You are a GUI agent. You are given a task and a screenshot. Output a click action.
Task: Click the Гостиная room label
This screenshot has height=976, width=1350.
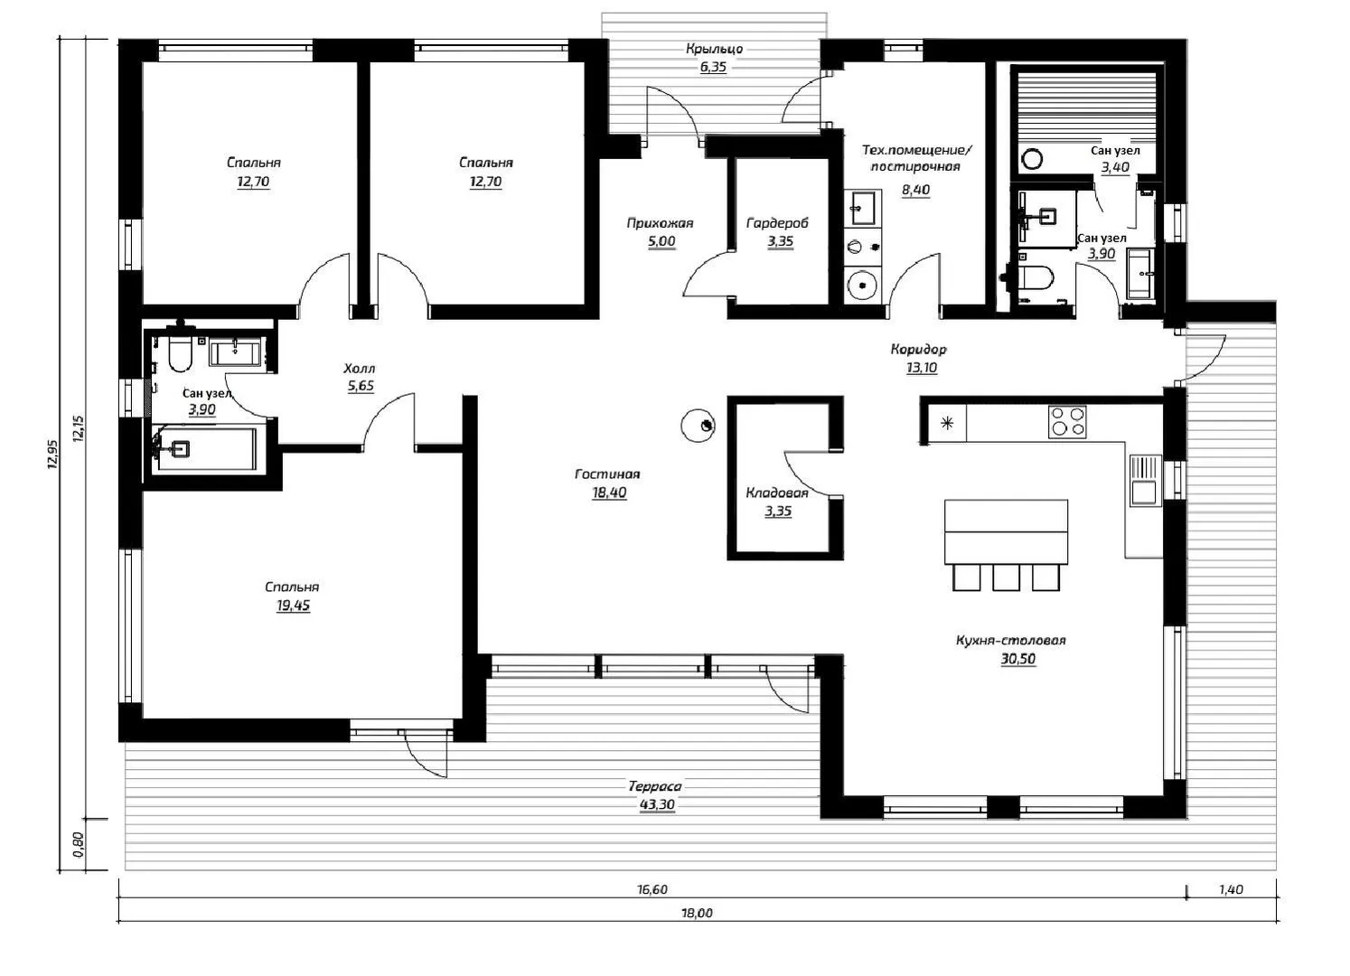607,474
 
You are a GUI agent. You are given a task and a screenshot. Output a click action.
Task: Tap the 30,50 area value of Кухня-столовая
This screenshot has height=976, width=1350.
1018,659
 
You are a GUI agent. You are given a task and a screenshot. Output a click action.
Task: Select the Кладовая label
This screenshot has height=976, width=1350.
777,493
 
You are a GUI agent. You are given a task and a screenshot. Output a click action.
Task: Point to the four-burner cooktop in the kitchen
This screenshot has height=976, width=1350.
1067,421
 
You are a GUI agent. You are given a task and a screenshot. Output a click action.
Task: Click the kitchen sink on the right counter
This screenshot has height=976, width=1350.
1145,481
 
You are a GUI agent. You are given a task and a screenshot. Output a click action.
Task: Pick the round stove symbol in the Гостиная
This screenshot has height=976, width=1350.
698,426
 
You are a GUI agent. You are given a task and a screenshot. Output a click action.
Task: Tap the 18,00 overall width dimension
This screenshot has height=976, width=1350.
697,914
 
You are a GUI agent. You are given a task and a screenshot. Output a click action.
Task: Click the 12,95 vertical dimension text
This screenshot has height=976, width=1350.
53,454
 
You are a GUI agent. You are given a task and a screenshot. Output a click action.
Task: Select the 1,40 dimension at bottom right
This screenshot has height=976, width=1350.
1231,889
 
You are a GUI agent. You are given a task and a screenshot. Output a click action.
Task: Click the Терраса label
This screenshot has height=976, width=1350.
655,786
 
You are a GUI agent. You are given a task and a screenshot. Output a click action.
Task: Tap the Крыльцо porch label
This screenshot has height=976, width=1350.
714,49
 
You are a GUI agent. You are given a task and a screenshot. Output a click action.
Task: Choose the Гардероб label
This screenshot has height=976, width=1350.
777,223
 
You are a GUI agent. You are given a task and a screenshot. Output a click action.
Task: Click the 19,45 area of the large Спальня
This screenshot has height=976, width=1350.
293,605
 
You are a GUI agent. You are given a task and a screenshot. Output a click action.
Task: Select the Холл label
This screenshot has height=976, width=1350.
360,369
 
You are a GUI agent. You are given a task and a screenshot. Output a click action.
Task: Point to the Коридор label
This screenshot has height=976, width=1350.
918,349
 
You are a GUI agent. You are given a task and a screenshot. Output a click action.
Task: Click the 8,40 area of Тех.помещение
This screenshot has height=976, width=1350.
915,189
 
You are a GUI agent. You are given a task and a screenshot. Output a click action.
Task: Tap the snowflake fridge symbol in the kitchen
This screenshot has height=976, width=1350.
947,423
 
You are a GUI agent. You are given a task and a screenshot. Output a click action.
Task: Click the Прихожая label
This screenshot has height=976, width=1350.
660,223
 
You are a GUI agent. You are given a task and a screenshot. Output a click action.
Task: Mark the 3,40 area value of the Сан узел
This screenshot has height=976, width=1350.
1115,167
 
